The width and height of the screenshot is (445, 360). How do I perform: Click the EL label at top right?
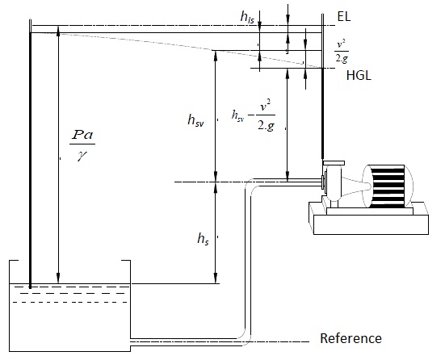tap(342, 15)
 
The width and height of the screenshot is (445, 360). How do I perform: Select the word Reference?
tap(351, 338)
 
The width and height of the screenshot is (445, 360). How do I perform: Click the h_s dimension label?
tap(204, 239)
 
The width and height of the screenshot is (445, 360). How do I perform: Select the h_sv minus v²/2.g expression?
tap(252, 121)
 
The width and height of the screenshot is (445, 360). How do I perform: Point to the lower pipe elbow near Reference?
tap(246, 331)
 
